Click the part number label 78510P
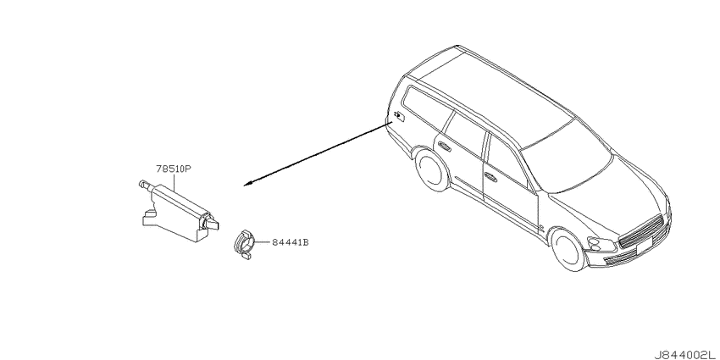pos(174,169)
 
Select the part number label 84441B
pos(291,242)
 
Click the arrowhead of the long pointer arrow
pos(247,184)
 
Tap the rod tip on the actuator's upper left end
pos(142,183)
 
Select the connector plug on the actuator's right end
pos(211,223)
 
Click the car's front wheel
pos(568,250)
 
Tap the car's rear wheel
pos(432,169)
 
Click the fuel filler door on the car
pos(399,116)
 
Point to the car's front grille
pos(641,231)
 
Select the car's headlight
pos(601,244)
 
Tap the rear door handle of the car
pos(444,146)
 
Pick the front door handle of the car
pos(490,178)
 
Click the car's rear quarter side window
pos(426,107)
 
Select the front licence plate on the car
pos(643,248)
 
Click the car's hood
pos(607,195)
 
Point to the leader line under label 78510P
pos(174,182)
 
